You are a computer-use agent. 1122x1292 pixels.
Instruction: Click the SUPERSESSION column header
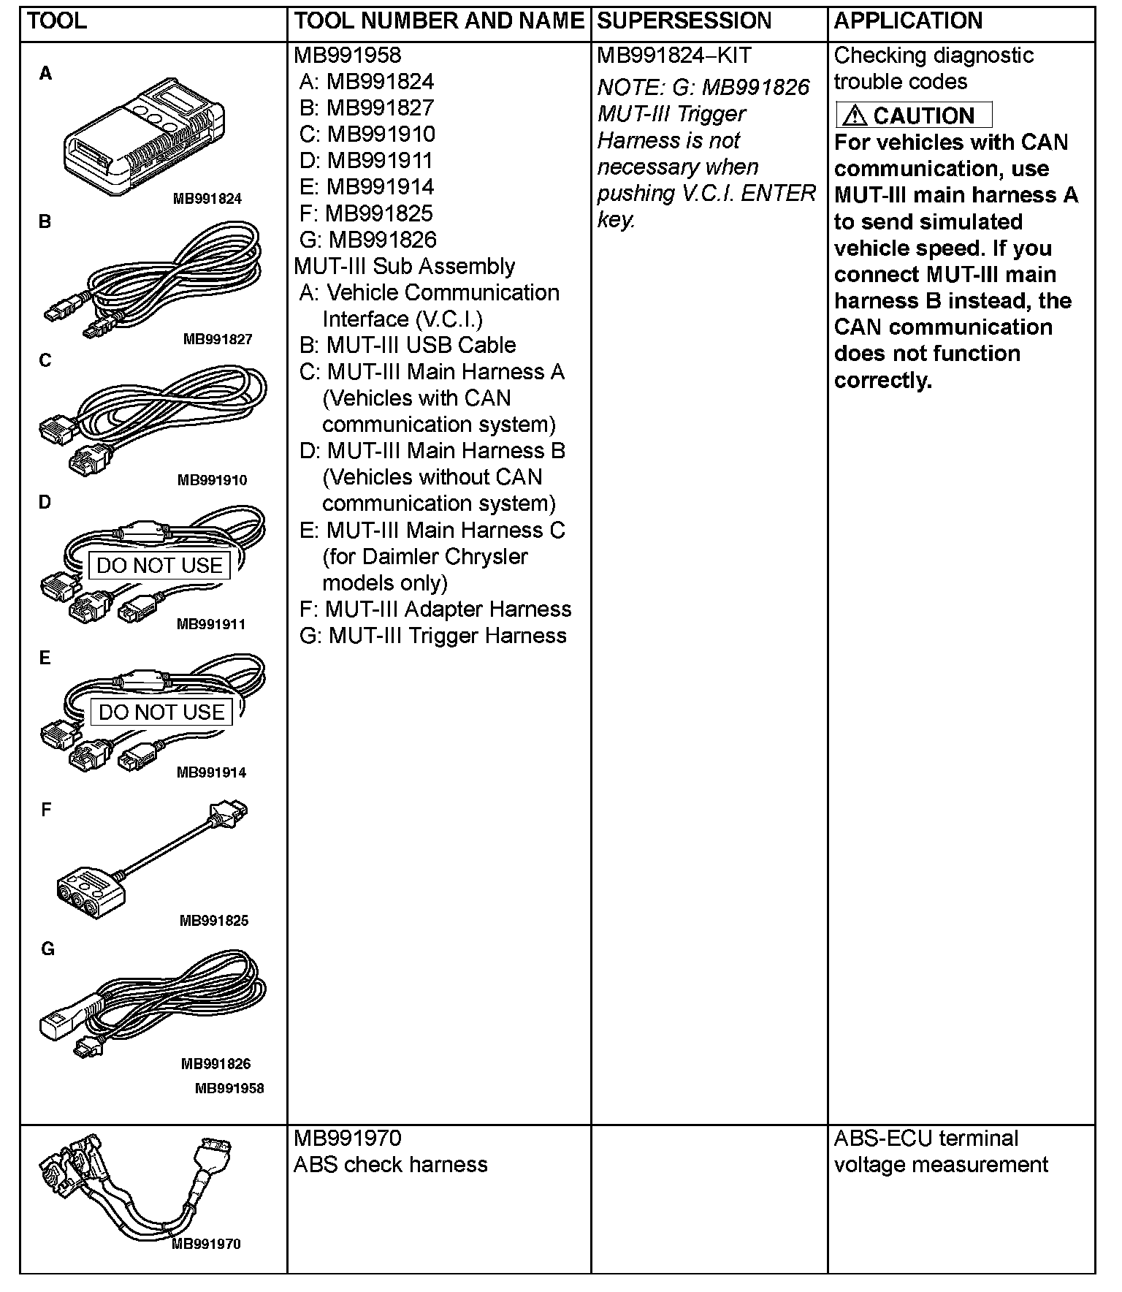(684, 21)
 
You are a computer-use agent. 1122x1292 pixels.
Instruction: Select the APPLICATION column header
(908, 21)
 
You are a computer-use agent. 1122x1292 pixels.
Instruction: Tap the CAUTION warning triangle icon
(855, 115)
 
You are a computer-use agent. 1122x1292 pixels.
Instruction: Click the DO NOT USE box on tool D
(159, 566)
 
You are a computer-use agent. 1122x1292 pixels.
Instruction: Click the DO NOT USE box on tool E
(161, 712)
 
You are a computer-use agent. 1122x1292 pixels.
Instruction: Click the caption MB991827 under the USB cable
(217, 339)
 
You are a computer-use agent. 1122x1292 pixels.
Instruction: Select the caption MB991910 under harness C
(212, 480)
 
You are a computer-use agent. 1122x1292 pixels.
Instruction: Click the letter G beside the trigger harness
(47, 949)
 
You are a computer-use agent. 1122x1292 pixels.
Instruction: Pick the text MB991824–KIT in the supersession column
(673, 56)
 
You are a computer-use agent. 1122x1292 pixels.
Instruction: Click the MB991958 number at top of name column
(348, 56)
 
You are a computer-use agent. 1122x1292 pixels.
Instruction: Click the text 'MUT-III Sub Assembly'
(404, 266)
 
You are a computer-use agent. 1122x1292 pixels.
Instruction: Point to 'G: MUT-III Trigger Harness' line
(432, 636)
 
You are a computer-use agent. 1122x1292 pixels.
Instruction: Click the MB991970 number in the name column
(348, 1139)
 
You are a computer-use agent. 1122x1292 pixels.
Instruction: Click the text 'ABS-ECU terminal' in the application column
(926, 1139)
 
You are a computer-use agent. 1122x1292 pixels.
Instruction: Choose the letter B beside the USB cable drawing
(45, 221)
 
